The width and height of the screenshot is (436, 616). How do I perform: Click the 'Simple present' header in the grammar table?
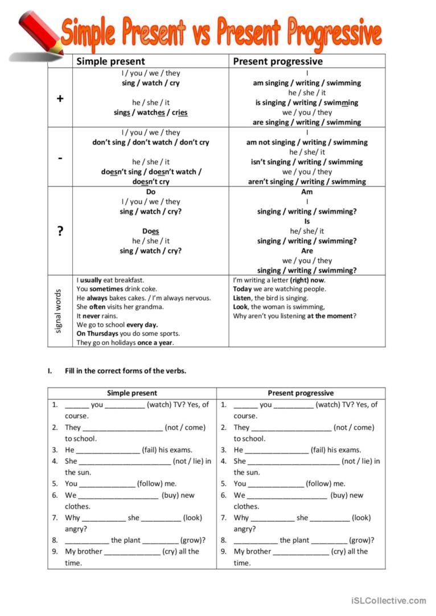tap(110, 61)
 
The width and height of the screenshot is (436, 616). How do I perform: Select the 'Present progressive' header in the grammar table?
tap(278, 61)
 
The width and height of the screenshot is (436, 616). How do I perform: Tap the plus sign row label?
tap(60, 98)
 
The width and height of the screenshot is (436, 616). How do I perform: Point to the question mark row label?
tap(60, 231)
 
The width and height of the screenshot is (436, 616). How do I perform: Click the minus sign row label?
tap(60, 157)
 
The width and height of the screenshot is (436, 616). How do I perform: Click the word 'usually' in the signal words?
tap(91, 280)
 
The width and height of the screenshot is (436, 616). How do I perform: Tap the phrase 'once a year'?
tap(155, 343)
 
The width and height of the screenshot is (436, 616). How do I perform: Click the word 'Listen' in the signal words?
tap(242, 298)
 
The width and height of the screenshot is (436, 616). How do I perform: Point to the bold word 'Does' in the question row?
tap(150, 231)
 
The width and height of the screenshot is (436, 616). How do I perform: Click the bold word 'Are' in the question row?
tap(307, 251)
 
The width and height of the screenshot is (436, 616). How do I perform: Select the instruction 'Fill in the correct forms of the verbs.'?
tap(126, 371)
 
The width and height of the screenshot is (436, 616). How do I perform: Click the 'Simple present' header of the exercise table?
tap(132, 393)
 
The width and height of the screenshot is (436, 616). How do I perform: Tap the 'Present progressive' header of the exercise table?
tap(301, 393)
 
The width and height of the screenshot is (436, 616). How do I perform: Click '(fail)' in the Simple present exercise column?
tap(154, 449)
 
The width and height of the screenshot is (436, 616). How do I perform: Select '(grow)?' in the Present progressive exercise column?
tap(362, 540)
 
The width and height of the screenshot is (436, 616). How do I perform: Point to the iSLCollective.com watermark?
tap(389, 600)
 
